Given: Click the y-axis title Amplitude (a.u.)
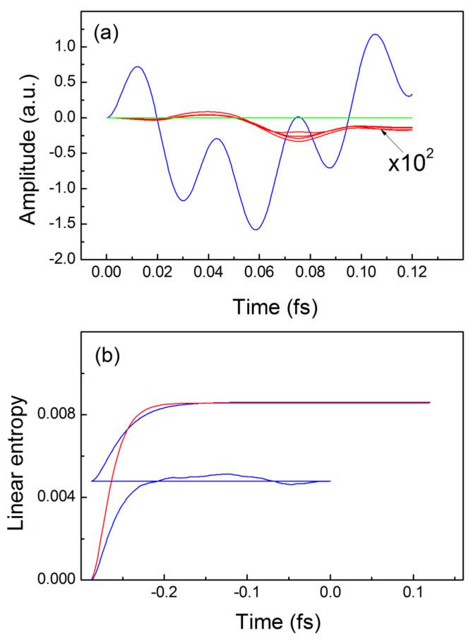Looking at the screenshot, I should [x=28, y=136].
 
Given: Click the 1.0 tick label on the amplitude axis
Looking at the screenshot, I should [x=64, y=47].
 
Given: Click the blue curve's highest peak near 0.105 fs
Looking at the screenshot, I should [x=375, y=35].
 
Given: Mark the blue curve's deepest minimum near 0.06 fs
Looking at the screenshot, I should [x=256, y=229].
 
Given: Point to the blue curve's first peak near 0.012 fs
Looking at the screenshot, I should [x=138, y=67].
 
